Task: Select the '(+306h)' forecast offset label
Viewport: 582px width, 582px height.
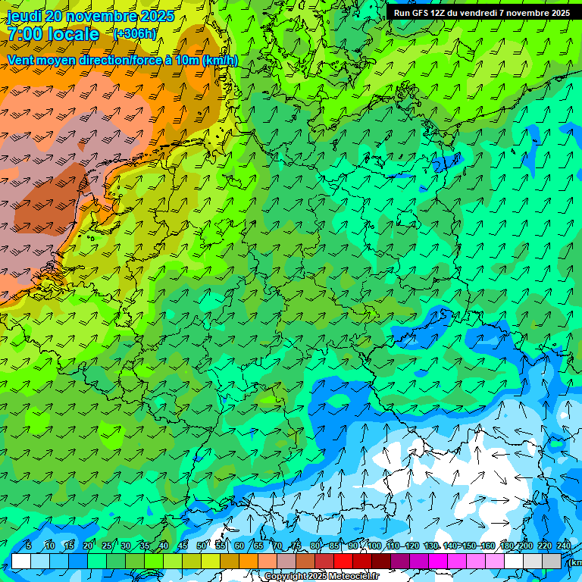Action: click(135, 34)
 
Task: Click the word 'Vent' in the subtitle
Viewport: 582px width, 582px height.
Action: click(21, 60)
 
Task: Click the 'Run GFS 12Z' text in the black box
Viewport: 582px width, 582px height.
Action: click(421, 13)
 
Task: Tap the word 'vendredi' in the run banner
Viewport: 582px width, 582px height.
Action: click(476, 13)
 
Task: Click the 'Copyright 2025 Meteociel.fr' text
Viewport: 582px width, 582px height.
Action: click(321, 577)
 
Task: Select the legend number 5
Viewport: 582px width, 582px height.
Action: click(28, 546)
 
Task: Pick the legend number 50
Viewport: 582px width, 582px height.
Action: click(201, 546)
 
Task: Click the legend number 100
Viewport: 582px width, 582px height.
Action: click(374, 546)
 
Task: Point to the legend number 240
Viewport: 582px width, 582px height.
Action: click(564, 546)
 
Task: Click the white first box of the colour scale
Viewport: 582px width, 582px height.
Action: click(21, 561)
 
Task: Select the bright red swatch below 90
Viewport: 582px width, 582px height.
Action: click(343, 561)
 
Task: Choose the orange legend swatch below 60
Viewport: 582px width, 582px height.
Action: click(249, 561)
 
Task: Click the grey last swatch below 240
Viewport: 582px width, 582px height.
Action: click(552, 561)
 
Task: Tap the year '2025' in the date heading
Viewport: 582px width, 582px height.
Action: click(157, 16)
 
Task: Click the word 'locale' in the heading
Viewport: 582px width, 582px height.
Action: click(74, 34)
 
